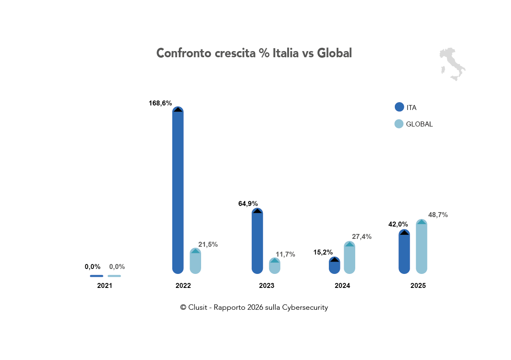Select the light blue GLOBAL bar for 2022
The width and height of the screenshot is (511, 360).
tap(195, 262)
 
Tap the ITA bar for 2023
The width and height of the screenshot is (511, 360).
tap(257, 243)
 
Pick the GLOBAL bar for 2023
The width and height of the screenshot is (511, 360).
tap(274, 266)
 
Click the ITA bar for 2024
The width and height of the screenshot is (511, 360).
tap(334, 266)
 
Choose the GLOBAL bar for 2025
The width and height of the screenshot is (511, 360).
tap(421, 247)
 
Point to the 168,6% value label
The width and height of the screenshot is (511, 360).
tap(160, 103)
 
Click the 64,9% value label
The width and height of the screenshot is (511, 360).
tap(248, 203)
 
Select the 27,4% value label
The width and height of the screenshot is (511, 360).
tap(361, 236)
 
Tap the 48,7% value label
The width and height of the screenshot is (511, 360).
tap(438, 215)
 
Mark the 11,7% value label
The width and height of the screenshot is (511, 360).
tap(285, 254)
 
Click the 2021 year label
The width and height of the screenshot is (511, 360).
tap(105, 285)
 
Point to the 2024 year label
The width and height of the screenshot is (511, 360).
tap(342, 285)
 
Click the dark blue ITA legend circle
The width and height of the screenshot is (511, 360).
tap(399, 107)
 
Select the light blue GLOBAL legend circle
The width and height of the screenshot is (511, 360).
tap(399, 124)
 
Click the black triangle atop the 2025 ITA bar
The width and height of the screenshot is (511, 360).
tap(404, 233)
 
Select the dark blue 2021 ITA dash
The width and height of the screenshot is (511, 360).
tap(96, 276)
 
